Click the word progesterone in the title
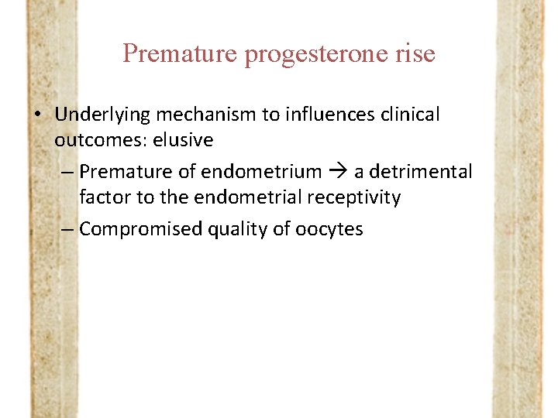pos(318,54)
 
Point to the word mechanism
pos(206,115)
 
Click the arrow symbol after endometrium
pos(338,172)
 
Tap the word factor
pos(105,197)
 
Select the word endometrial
pos(240,197)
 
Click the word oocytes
pos(329,229)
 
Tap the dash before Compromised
pos(67,229)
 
